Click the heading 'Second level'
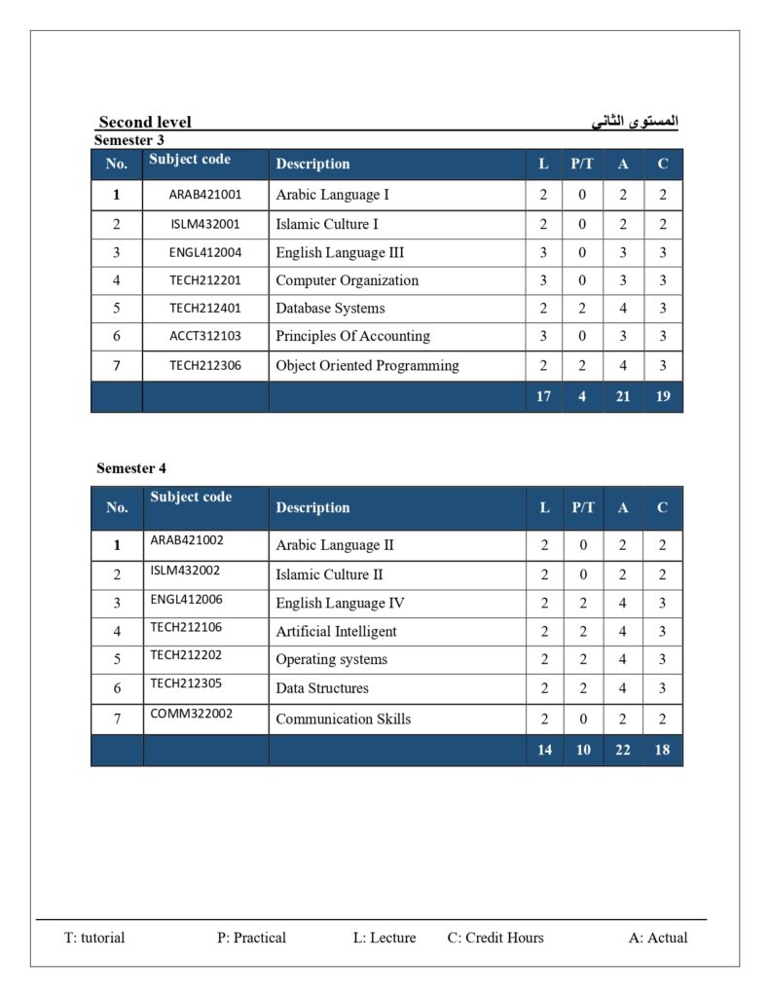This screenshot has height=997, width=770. coord(145,122)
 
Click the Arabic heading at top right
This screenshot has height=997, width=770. coord(635,122)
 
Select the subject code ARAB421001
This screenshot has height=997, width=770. coord(205,195)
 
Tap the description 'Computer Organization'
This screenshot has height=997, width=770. coord(347,280)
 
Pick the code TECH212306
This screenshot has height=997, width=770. coord(205,366)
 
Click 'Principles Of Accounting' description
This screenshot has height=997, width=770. coord(352,336)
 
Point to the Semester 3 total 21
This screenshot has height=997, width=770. coord(623,397)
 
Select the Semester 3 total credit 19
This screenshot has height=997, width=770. coord(663,397)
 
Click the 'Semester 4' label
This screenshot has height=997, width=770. coord(131,468)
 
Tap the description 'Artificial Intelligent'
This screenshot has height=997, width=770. coord(336,631)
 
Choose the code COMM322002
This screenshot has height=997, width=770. coord(192,714)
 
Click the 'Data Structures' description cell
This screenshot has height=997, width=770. coord(322,688)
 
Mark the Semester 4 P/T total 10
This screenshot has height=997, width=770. coord(583,750)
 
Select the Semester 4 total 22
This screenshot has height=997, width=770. coord(623,750)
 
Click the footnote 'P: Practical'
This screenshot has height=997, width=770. coord(251,938)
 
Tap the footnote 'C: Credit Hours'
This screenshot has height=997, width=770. coord(495,938)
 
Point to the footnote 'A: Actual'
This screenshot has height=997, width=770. coord(658,938)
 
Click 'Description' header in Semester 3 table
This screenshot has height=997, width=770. coord(312,164)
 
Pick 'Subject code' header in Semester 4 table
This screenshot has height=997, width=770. coord(191,497)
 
